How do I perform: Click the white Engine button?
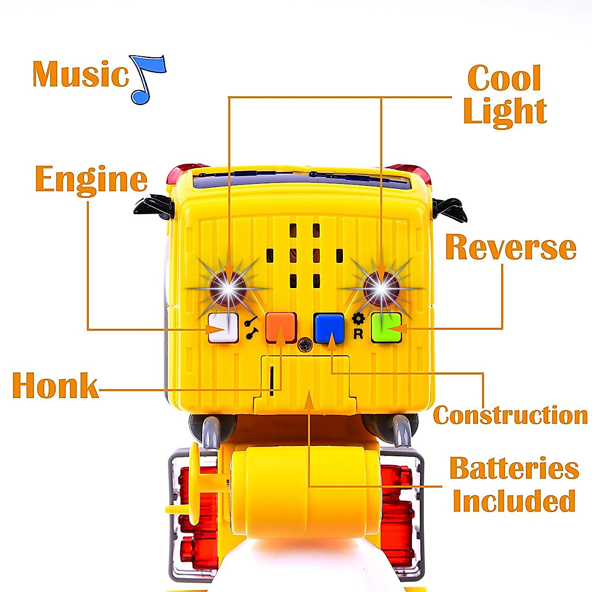point(221,328)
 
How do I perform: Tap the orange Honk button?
point(281,327)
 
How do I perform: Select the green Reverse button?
point(386,327)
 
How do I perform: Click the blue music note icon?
point(147,79)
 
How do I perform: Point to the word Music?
point(80,74)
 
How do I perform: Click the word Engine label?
point(91,180)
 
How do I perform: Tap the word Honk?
point(55,386)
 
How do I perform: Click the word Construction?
point(510,415)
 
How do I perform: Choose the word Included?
point(514,501)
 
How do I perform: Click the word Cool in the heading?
point(504,78)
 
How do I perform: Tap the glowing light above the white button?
point(228,288)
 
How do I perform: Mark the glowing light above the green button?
point(381,288)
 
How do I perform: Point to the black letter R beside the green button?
point(359,334)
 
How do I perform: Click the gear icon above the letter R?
point(359,318)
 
